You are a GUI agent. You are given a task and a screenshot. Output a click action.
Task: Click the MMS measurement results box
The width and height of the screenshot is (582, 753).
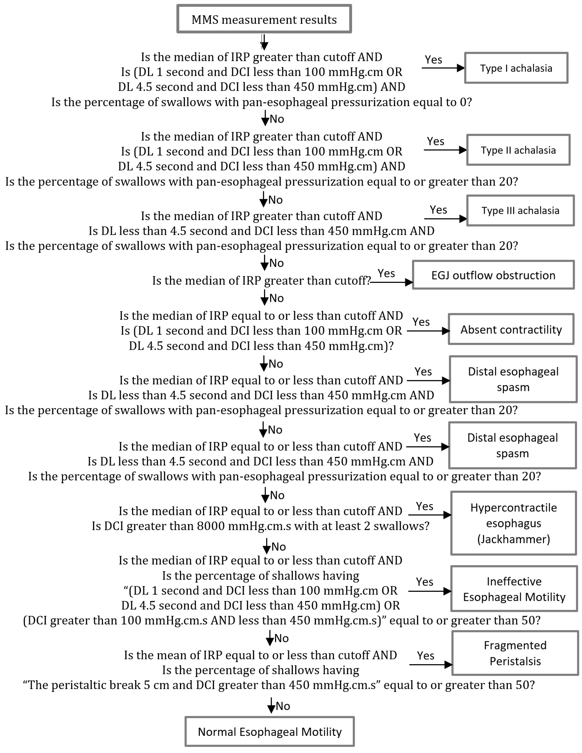click(x=264, y=19)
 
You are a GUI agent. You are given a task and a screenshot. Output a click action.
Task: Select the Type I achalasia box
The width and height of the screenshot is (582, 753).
click(x=516, y=68)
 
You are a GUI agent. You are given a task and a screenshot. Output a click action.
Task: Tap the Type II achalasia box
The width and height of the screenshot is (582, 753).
click(x=518, y=150)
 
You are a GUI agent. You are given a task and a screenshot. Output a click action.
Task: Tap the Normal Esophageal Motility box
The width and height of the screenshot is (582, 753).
click(x=269, y=732)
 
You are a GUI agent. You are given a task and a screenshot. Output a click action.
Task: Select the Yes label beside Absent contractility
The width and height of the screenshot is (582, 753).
click(x=421, y=322)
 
